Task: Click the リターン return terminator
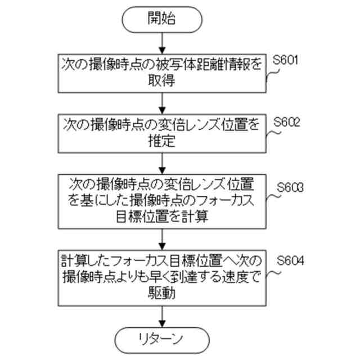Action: (x=161, y=340)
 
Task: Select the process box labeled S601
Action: (x=161, y=73)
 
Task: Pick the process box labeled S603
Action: (x=161, y=201)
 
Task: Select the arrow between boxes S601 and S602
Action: (x=161, y=102)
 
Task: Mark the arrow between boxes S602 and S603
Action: (x=161, y=163)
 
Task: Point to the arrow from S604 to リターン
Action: (x=161, y=315)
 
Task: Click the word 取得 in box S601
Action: (x=161, y=82)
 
